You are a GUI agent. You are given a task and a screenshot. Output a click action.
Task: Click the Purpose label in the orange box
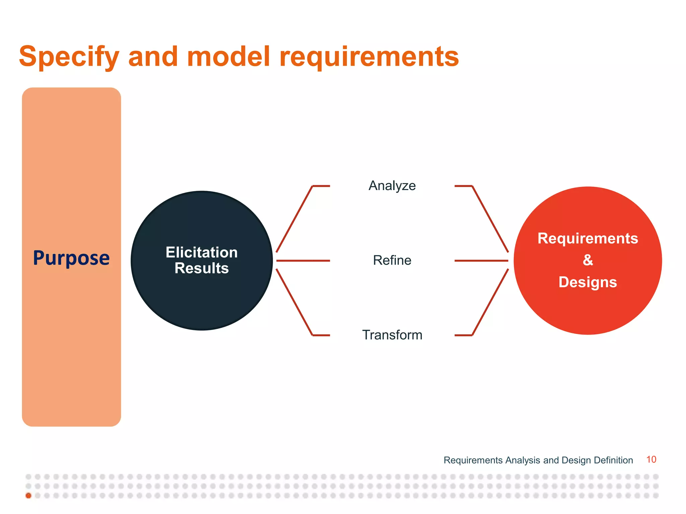click(71, 258)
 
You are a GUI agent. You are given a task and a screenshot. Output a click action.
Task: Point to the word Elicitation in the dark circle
click(202, 252)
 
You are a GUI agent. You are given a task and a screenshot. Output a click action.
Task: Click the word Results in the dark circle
click(202, 268)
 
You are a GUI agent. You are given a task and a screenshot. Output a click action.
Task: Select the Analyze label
click(392, 186)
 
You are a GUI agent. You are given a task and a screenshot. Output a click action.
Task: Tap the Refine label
click(392, 260)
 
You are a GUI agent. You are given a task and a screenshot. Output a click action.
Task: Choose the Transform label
click(392, 335)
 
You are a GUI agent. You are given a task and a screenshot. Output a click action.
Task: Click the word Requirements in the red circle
click(588, 239)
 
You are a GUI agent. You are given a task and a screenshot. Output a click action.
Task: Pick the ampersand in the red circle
click(588, 260)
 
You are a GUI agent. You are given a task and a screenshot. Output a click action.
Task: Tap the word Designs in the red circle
click(588, 282)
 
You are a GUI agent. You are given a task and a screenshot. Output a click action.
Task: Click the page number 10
click(651, 459)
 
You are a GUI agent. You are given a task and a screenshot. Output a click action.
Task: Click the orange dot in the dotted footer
click(28, 496)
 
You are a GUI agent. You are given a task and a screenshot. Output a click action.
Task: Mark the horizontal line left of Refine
click(303, 260)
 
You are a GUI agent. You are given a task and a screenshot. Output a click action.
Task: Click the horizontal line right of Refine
click(481, 260)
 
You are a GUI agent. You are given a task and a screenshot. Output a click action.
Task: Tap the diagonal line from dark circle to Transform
click(294, 302)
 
